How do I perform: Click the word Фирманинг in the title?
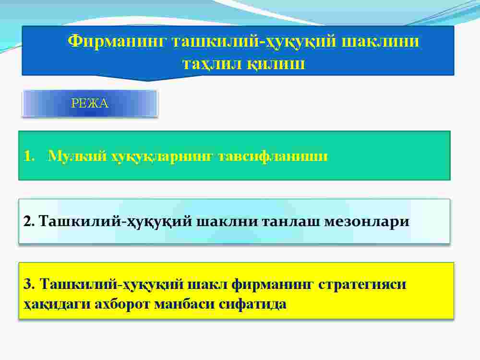[x=117, y=41]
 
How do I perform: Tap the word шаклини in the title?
[x=380, y=41]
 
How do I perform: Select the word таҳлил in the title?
[x=213, y=64]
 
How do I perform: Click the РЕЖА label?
[x=90, y=103]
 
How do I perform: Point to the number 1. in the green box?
[x=29, y=156]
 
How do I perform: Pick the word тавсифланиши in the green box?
[x=273, y=156]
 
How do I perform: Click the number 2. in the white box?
[x=29, y=221]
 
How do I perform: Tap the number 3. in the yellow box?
[x=29, y=284]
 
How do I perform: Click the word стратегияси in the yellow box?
[x=362, y=285]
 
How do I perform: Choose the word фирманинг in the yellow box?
[x=272, y=285]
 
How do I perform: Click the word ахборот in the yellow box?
[x=122, y=304]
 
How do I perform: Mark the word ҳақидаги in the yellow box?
[x=57, y=304]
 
